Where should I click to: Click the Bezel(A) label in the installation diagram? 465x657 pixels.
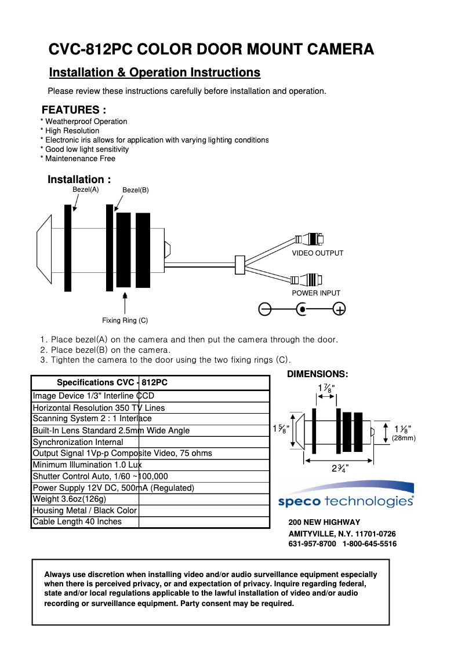click(85, 189)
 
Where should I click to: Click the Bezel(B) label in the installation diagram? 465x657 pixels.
click(136, 190)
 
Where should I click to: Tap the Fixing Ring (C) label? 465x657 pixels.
click(125, 320)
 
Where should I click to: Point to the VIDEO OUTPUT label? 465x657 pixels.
click(317, 253)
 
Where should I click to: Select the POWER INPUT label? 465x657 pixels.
click(316, 293)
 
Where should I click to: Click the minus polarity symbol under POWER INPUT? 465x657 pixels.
click(265, 309)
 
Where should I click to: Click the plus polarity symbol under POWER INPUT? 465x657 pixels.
click(340, 309)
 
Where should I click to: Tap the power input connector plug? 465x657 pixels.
click(307, 280)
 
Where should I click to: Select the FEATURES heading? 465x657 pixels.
click(74, 110)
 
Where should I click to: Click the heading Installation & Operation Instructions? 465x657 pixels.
click(155, 72)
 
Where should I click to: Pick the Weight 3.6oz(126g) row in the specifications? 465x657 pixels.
click(70, 499)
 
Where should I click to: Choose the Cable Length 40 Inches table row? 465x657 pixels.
click(77, 521)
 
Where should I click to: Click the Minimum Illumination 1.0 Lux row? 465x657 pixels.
click(87, 465)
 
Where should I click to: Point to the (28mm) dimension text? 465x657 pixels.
click(404, 438)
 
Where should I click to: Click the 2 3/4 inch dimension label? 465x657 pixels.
click(340, 468)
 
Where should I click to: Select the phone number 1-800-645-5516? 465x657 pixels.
click(369, 544)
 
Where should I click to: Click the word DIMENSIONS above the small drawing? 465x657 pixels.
click(317, 374)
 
